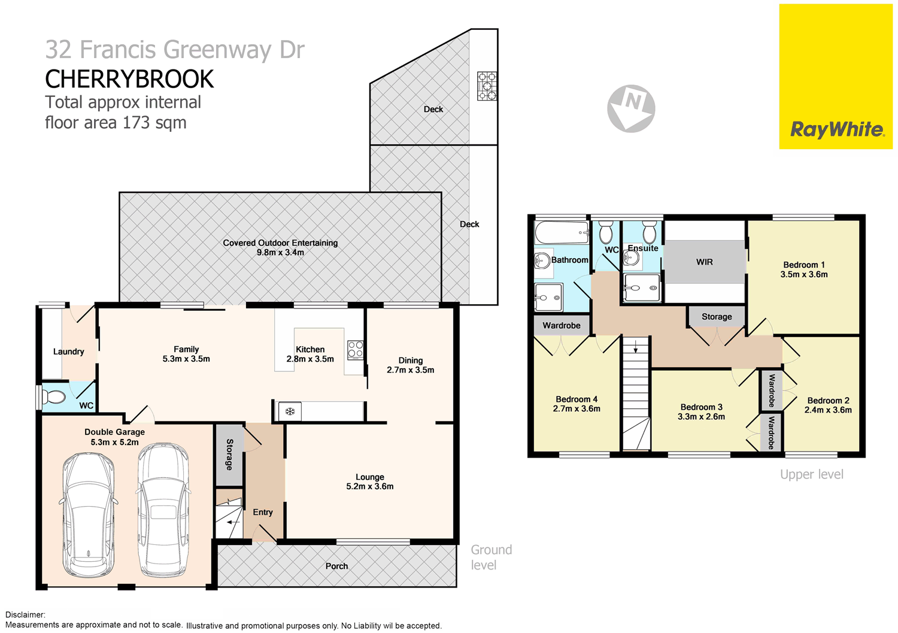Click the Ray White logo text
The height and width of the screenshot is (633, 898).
[836, 129]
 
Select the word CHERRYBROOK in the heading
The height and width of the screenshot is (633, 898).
[129, 79]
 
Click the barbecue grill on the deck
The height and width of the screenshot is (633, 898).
[487, 86]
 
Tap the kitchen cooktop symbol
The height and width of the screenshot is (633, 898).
[355, 349]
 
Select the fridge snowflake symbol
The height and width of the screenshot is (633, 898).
[290, 411]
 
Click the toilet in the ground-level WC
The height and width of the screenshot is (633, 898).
[54, 396]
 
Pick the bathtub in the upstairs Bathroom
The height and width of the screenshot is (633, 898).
[562, 232]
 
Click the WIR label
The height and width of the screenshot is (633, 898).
[705, 262]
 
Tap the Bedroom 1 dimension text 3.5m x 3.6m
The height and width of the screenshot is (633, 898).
[803, 275]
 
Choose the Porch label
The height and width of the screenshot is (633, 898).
[336, 566]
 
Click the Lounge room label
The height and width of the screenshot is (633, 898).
[369, 477]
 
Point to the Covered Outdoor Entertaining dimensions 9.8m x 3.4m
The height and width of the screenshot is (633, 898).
[280, 253]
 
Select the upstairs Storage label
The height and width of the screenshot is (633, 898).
[717, 317]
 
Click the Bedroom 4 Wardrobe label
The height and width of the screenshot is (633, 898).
[561, 326]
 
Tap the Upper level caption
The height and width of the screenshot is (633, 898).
[811, 474]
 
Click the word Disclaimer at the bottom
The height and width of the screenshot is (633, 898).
[25, 614]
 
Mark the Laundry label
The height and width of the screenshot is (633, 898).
[68, 352]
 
